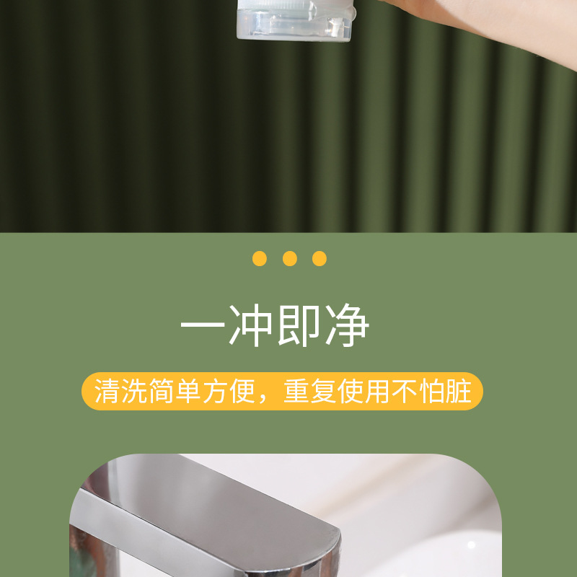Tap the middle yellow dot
[290, 258]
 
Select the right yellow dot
[320, 258]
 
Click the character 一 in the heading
[203, 327]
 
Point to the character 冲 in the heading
[251, 327]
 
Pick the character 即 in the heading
[299, 327]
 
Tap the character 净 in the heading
[347, 327]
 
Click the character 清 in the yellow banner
[107, 392]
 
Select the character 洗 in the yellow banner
[133, 392]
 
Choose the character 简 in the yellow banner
[161, 392]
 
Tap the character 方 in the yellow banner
[215, 392]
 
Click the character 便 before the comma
[242, 392]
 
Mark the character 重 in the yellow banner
[296, 392]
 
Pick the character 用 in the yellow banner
[377, 392]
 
